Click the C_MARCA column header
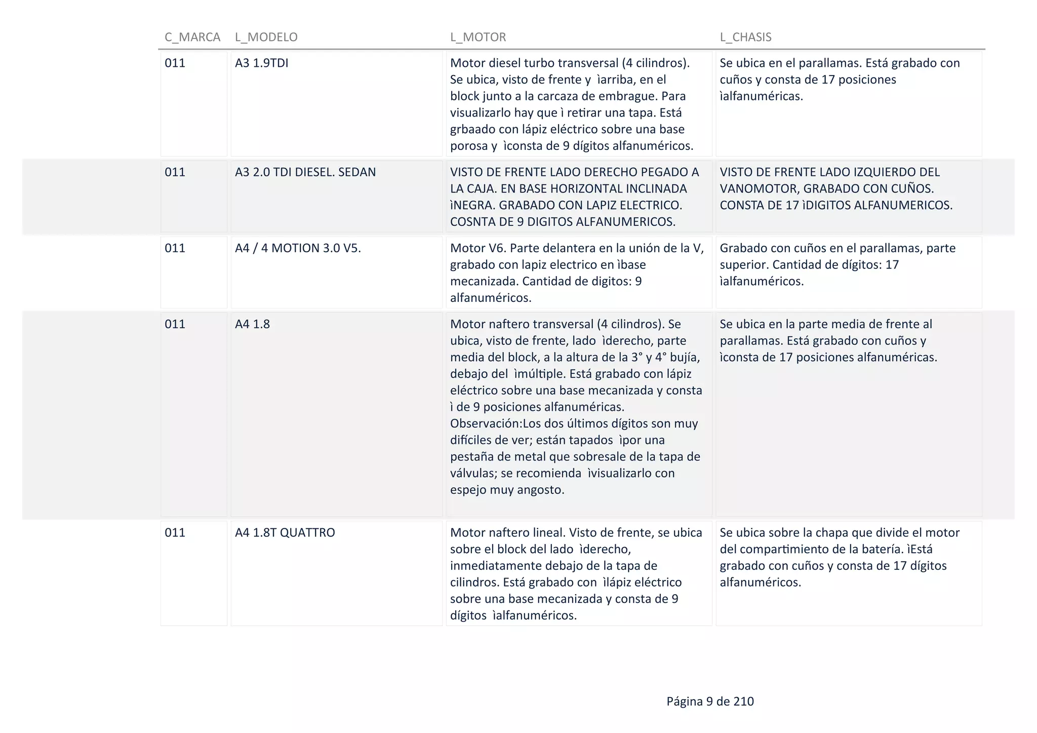coord(192,37)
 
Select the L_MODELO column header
coord(266,37)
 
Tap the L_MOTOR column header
coord(478,37)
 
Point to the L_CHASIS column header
coord(745,37)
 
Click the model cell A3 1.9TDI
coord(261,63)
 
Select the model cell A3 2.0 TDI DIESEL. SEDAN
coord(305,172)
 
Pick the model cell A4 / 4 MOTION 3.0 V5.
coord(298,248)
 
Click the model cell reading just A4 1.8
coord(252,324)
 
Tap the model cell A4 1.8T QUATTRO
coord(285,533)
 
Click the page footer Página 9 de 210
coord(710,702)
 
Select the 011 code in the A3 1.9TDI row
coord(175,63)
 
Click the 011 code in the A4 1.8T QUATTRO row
coord(175,533)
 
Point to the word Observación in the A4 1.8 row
coord(485,423)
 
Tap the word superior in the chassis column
coord(743,265)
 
